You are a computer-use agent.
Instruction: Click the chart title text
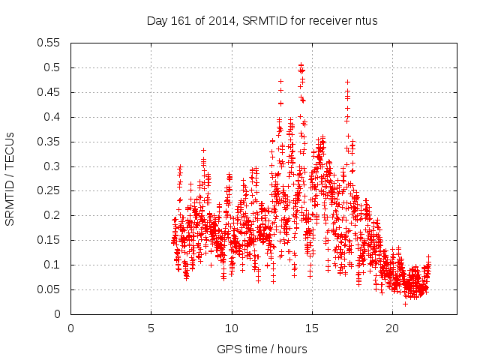pos(262,20)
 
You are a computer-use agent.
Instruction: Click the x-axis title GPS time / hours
pos(262,349)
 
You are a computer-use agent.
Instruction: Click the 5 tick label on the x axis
pos(151,328)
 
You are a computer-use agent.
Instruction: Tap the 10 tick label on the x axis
pos(232,328)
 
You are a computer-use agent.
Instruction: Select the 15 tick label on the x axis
pos(312,328)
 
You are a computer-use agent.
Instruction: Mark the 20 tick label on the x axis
pos(392,328)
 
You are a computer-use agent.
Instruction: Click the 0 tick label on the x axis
pos(71,328)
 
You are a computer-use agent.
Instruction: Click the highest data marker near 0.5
pos(301,65)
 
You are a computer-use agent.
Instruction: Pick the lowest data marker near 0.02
pos(406,304)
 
